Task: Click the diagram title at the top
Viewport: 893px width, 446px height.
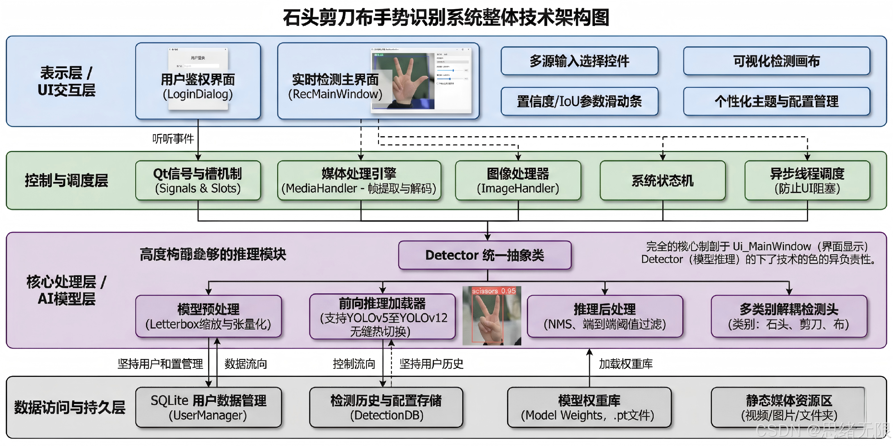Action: [446, 17]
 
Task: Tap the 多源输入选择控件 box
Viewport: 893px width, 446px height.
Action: [579, 61]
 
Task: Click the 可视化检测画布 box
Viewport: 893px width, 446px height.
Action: [776, 61]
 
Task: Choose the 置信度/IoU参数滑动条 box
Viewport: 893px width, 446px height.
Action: [579, 101]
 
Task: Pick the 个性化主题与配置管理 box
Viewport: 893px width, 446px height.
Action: [776, 101]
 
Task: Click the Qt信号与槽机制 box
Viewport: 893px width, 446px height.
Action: [198, 181]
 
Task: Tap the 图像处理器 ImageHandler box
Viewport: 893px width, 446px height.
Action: [518, 181]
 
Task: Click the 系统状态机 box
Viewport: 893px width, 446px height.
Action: [662, 181]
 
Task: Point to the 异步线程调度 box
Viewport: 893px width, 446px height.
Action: [807, 181]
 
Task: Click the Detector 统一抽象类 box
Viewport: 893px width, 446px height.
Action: [485, 255]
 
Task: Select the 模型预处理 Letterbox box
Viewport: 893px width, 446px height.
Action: [208, 316]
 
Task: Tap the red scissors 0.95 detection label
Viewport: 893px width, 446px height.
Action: [494, 291]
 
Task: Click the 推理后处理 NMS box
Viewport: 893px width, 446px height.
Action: [604, 316]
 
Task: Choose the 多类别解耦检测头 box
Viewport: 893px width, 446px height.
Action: [789, 316]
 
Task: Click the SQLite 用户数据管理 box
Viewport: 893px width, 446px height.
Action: [208, 407]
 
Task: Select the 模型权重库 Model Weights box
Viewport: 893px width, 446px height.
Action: [589, 407]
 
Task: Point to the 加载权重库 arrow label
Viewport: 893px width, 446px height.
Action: [626, 364]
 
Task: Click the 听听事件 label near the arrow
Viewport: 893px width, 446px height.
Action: [173, 138]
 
